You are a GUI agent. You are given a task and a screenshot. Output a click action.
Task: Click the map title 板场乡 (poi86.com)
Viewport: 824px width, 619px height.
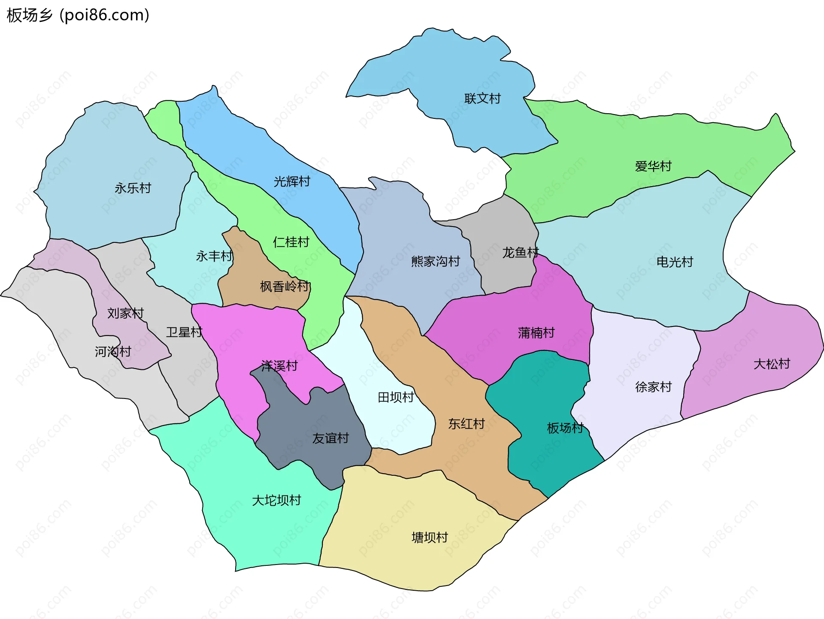pos(78,15)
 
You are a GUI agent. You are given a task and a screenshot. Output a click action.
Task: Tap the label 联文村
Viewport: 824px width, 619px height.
pos(482,99)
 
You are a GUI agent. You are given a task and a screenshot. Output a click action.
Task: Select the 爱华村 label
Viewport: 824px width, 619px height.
pos(653,166)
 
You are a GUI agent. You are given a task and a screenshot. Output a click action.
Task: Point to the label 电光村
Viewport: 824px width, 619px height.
pos(675,262)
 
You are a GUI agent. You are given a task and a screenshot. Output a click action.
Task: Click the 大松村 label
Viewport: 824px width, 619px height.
pos(772,364)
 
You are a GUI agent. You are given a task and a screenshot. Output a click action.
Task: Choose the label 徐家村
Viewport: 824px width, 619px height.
pos(653,387)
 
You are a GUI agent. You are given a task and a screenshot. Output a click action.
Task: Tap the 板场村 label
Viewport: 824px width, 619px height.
pos(565,428)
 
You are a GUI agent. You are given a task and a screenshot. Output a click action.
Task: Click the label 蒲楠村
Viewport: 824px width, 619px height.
pos(536,332)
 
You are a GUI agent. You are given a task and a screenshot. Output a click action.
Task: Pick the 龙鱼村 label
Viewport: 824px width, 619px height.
pos(520,253)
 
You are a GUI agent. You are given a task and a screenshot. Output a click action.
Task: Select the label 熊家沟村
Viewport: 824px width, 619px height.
pos(435,261)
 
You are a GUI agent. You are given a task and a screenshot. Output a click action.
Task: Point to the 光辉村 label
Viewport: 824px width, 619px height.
pos(292,181)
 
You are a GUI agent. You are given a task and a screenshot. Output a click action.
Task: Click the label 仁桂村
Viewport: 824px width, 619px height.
pos(291,242)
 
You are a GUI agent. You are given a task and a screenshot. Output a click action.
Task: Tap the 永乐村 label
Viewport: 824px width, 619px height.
pos(133,188)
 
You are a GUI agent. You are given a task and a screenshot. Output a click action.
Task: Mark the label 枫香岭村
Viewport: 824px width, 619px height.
pos(285,286)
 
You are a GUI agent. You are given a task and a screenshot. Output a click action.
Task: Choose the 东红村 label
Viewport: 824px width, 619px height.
pos(467,424)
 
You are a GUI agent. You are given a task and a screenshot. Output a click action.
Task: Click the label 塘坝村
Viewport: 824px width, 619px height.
pos(430,537)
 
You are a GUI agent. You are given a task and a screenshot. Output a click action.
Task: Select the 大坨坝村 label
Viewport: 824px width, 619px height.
pos(276,500)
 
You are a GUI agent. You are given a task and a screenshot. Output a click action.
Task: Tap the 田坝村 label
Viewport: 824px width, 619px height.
pos(396,397)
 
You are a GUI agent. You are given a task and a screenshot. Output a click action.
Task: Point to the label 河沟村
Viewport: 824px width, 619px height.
pos(113,352)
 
